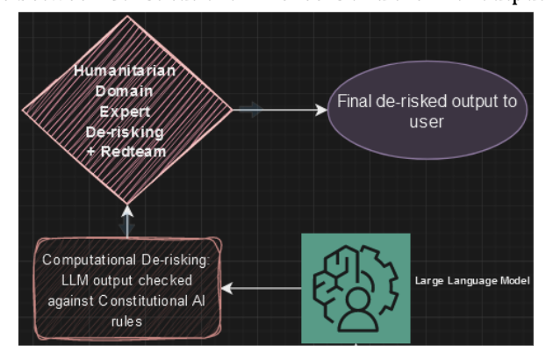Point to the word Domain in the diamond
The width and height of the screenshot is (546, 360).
tap(127, 91)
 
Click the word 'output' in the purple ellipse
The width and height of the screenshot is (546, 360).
tap(472, 102)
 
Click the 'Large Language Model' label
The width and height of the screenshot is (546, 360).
tap(473, 281)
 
